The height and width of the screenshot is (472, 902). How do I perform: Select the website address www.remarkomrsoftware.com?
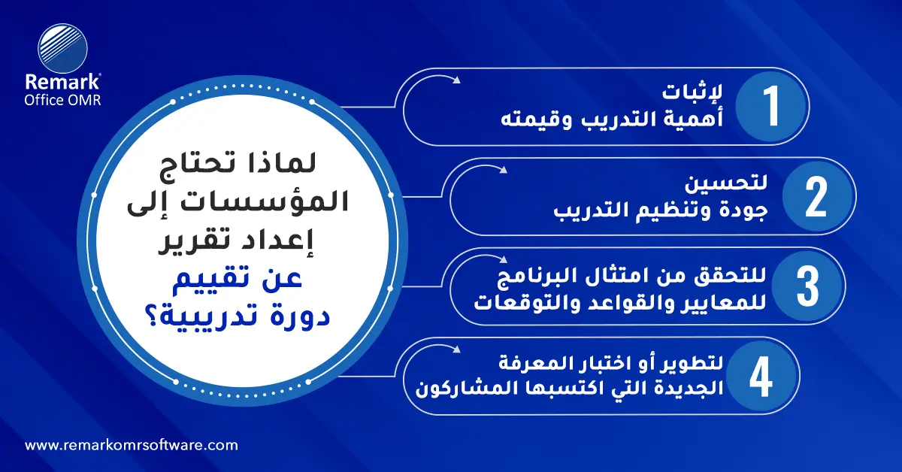click(132, 445)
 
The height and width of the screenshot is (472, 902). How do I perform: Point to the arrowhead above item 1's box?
click(456, 78)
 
